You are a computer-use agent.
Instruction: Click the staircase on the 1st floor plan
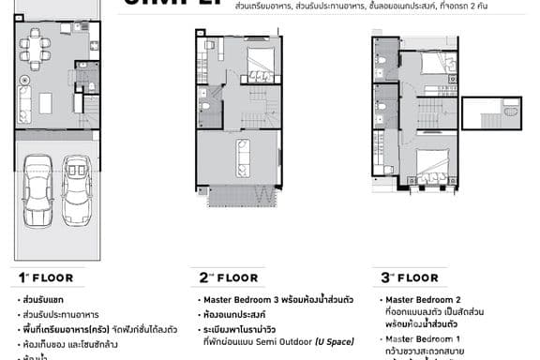[90, 110]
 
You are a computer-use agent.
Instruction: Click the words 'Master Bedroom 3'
[240, 300]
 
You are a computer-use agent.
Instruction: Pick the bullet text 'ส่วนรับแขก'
[43, 300]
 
